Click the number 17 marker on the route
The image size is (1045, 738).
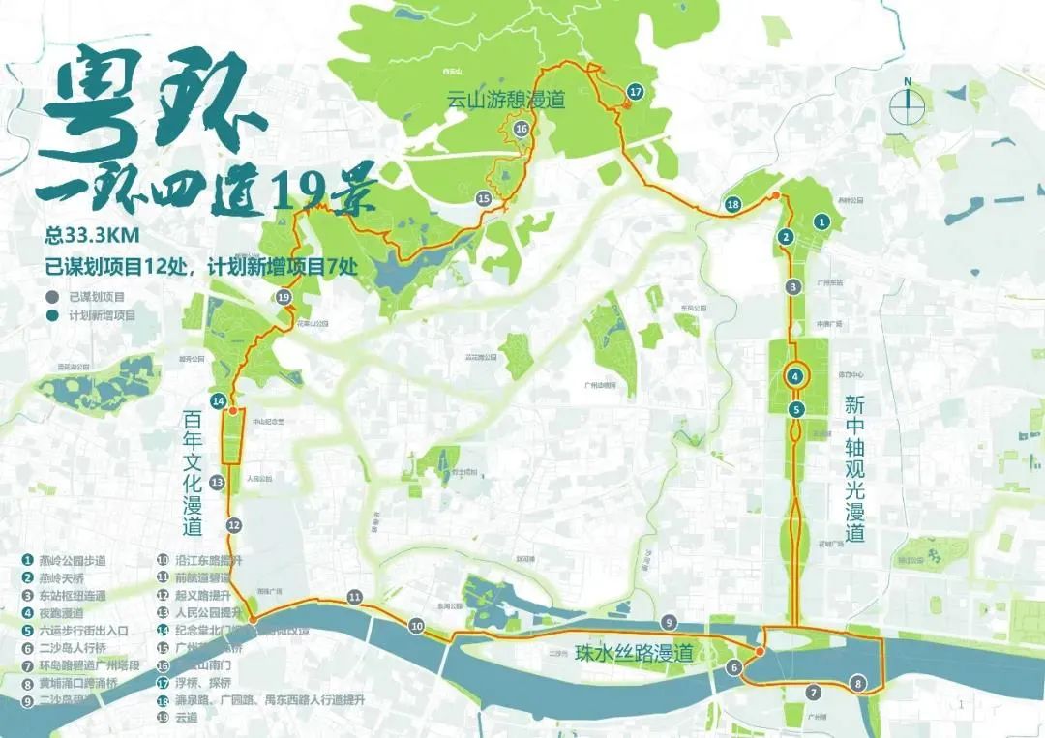pyautogui.click(x=635, y=92)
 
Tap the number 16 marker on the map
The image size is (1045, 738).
pyautogui.click(x=521, y=129)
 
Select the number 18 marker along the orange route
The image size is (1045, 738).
pyautogui.click(x=732, y=205)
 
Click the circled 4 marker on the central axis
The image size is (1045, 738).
pyautogui.click(x=795, y=377)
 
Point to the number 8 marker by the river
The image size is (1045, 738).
pyautogui.click(x=858, y=684)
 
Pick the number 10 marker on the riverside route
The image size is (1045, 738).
pyautogui.click(x=416, y=627)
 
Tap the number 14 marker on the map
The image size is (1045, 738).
pyautogui.click(x=219, y=400)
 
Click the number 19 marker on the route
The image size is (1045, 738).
pyautogui.click(x=283, y=298)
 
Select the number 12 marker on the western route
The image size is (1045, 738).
pyautogui.click(x=233, y=524)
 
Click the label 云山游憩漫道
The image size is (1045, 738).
pyautogui.click(x=505, y=100)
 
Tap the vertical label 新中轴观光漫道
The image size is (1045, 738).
pyautogui.click(x=853, y=468)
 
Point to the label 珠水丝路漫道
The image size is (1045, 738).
pyautogui.click(x=634, y=654)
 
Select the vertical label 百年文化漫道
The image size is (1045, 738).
pyautogui.click(x=191, y=473)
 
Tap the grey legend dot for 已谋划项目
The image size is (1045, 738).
pyautogui.click(x=50, y=297)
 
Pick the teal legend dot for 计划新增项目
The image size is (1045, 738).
pyautogui.click(x=50, y=315)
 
